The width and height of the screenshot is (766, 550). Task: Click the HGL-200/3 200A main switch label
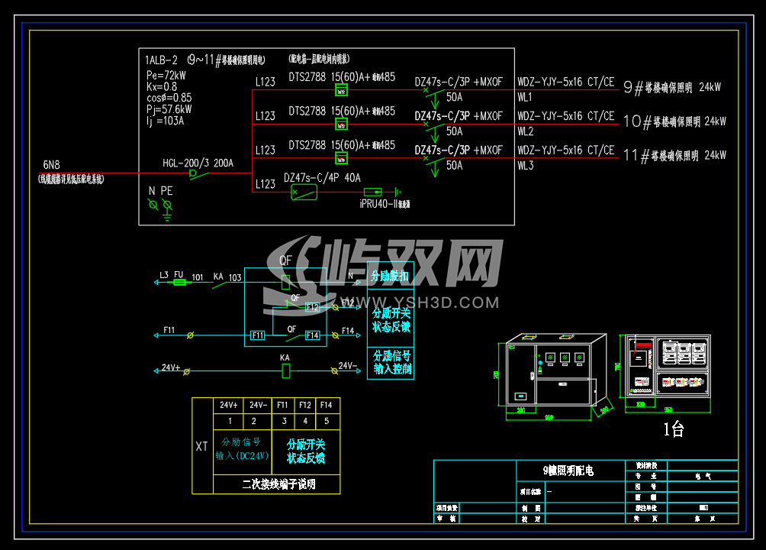198,163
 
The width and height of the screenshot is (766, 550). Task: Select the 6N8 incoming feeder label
51,164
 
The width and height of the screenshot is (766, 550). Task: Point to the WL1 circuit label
525,98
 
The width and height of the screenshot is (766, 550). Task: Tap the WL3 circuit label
525,165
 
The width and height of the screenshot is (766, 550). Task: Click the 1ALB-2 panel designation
161,60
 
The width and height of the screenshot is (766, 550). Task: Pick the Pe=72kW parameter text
166,76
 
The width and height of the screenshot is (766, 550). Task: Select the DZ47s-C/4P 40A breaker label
322,177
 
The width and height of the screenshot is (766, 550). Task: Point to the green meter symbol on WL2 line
341,125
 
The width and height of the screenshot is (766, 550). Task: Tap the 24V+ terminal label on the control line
170,367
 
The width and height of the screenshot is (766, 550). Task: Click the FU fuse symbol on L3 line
180,282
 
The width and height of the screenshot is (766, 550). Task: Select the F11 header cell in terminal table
282,405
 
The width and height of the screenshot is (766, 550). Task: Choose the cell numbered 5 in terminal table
327,421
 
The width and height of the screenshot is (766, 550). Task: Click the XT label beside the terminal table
201,446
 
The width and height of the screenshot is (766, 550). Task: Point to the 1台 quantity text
673,430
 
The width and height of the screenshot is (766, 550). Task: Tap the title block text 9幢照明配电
568,471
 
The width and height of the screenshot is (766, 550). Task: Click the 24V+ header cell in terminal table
229,405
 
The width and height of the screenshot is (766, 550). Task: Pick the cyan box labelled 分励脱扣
390,277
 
